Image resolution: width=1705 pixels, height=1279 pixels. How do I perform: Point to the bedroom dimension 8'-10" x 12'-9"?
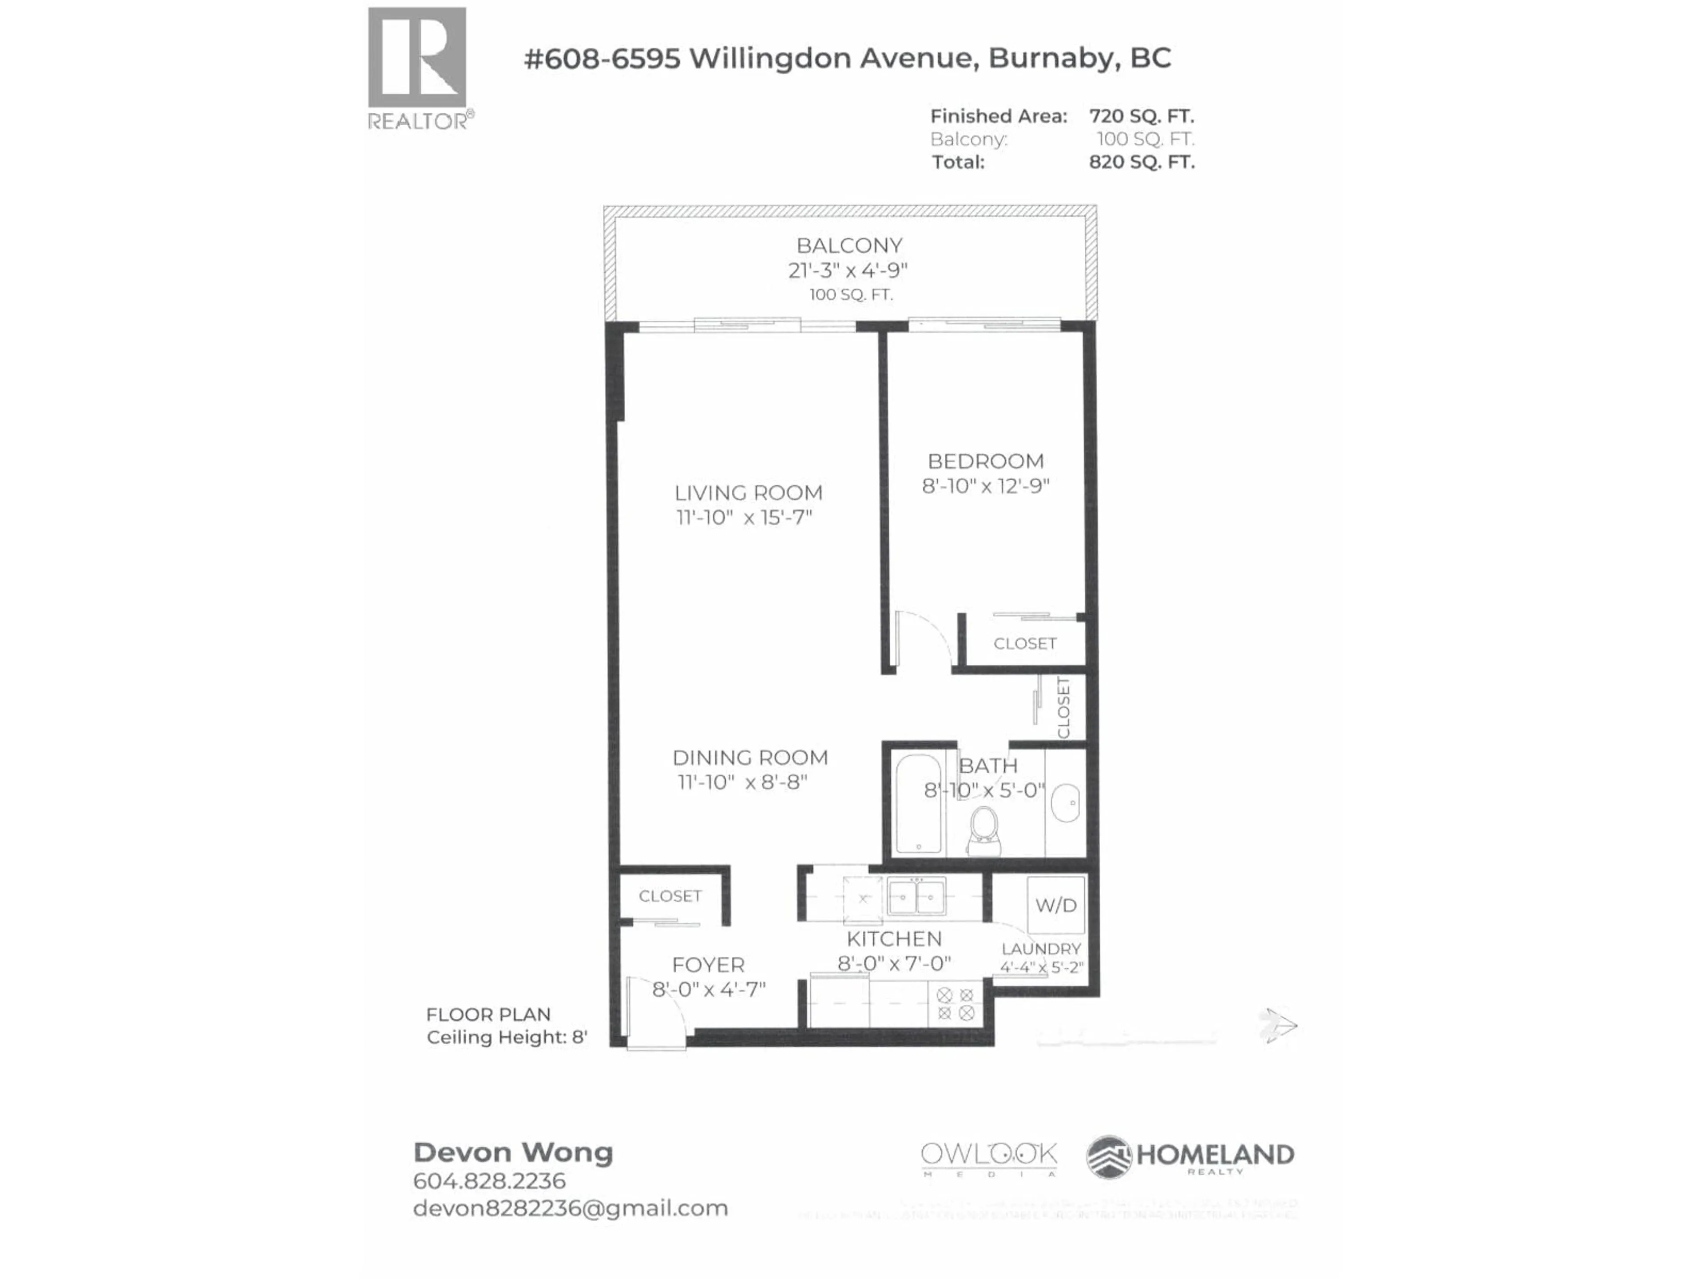coord(985,486)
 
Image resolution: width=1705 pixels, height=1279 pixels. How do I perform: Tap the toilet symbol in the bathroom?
coord(984,831)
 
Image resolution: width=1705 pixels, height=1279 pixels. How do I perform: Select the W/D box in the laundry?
coord(1055,905)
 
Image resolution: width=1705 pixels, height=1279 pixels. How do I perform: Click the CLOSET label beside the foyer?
coord(670,896)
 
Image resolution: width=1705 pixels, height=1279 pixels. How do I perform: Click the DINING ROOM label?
coord(750,758)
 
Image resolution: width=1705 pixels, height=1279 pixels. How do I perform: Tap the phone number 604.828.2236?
coord(489,1181)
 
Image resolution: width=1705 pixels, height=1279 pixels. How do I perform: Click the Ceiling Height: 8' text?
coord(507,1038)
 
